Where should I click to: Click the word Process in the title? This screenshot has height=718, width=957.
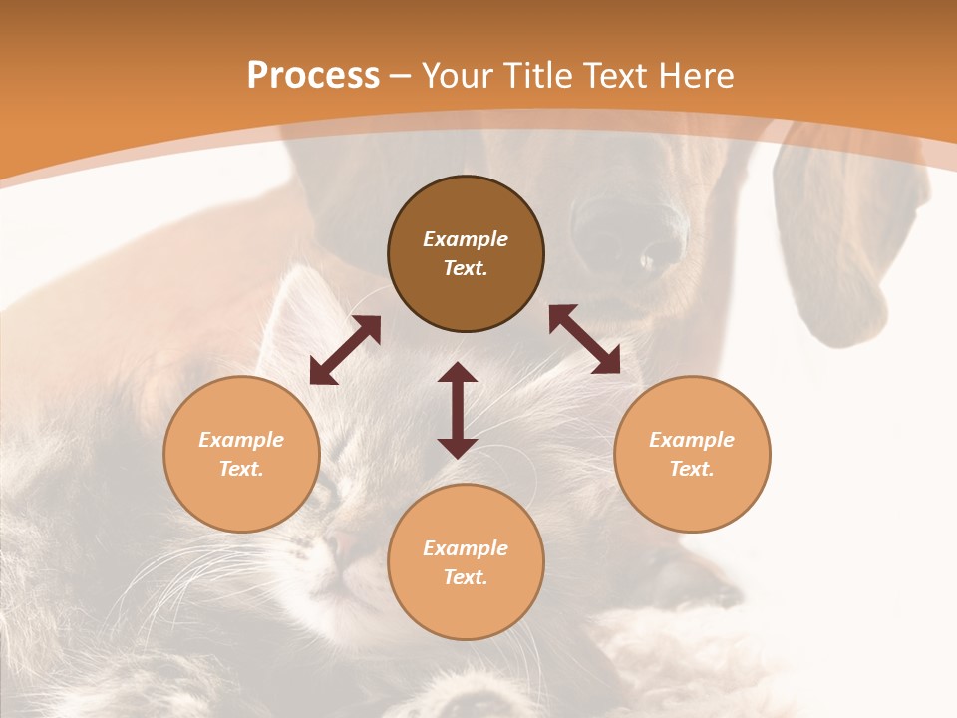(x=313, y=76)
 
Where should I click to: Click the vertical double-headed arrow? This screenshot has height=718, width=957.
(x=458, y=410)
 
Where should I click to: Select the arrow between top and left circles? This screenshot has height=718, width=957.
(x=345, y=350)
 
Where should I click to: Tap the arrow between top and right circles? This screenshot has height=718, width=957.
(x=584, y=339)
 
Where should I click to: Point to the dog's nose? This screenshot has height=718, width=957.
(x=628, y=239)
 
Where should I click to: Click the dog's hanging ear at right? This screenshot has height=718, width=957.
(x=832, y=239)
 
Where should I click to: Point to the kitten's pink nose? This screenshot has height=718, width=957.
(x=344, y=543)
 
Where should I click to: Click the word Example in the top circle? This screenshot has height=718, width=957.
(x=466, y=239)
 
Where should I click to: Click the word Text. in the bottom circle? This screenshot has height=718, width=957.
(x=466, y=577)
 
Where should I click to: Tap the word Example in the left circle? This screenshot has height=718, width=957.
(x=241, y=440)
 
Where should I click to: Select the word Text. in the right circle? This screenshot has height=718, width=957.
(x=692, y=469)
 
